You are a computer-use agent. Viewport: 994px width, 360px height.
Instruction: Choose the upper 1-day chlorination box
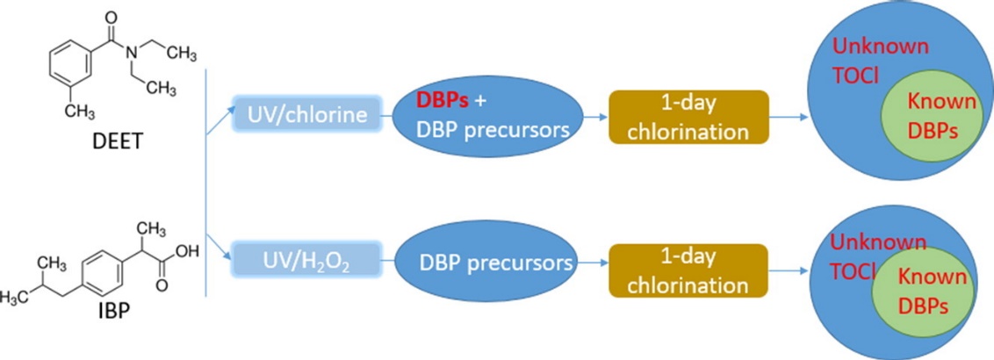(688, 118)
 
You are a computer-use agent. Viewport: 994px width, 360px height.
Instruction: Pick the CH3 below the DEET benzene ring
(82, 112)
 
